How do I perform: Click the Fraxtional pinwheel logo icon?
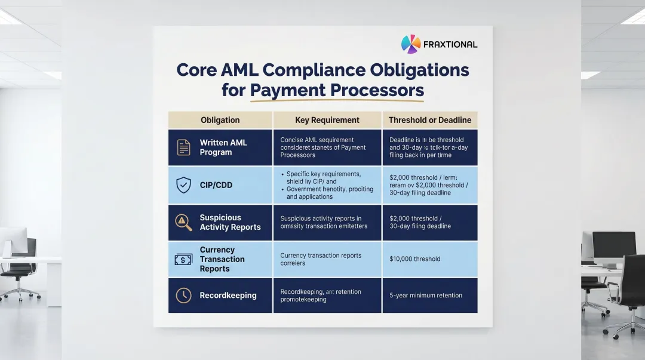click(411, 44)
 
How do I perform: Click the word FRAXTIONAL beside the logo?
click(450, 45)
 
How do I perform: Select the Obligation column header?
click(220, 120)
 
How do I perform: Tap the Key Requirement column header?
click(327, 120)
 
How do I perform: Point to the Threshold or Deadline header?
click(429, 120)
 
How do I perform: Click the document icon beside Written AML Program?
click(183, 147)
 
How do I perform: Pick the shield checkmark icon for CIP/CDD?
click(183, 185)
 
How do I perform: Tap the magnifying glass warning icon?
click(183, 222)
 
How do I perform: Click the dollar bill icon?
click(183, 259)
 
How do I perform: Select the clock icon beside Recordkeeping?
click(183, 295)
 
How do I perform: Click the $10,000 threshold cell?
click(414, 259)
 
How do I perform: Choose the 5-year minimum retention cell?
click(425, 295)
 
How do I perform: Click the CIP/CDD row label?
click(216, 185)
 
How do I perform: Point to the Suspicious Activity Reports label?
click(230, 222)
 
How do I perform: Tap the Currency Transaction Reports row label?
click(222, 259)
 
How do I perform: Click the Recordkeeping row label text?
click(228, 295)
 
